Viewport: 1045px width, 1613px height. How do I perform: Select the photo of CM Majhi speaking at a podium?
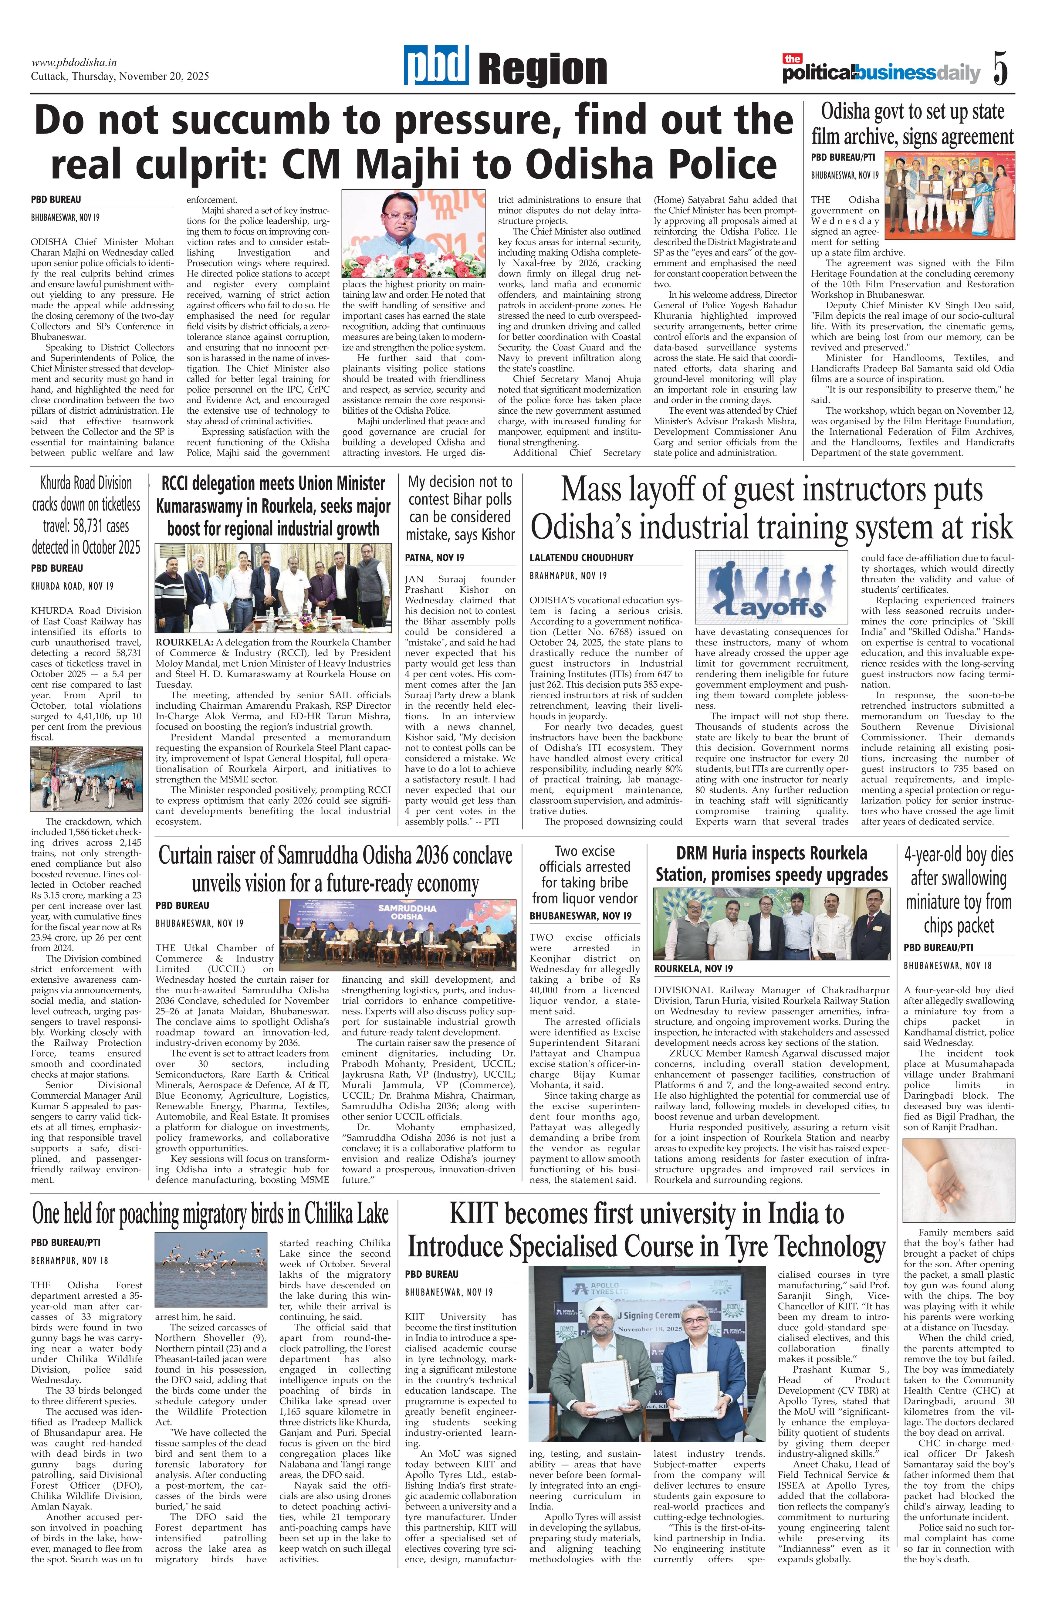413,235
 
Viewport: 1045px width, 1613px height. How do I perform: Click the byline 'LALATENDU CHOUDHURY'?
581,557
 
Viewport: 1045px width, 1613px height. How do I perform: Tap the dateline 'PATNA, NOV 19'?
435,557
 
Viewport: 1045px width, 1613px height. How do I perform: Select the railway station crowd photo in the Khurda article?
86,779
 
